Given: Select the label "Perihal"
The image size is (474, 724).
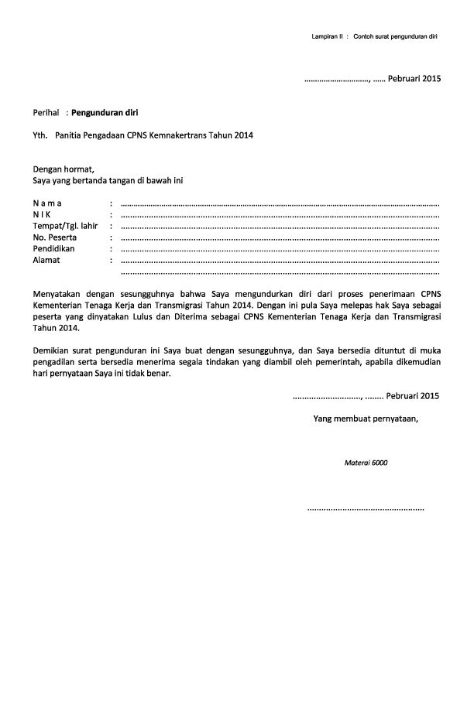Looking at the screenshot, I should tap(46, 112).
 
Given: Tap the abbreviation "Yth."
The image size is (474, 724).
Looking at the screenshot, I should tap(40, 135).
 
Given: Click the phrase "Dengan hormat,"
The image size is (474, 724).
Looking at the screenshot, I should tap(63, 169).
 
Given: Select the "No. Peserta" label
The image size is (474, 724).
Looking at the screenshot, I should tap(55, 237).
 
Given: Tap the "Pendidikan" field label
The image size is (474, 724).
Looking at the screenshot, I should tap(53, 249).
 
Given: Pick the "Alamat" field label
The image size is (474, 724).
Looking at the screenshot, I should tap(46, 261).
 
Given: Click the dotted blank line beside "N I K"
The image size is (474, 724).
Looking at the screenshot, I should tap(280, 216).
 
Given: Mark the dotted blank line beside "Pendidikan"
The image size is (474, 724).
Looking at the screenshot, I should tap(280, 251).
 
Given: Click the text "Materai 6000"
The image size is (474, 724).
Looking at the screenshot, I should tap(366, 463).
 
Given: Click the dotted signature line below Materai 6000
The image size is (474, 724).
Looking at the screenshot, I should tap(366, 510).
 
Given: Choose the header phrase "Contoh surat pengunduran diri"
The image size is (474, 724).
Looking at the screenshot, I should tap(396, 36).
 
